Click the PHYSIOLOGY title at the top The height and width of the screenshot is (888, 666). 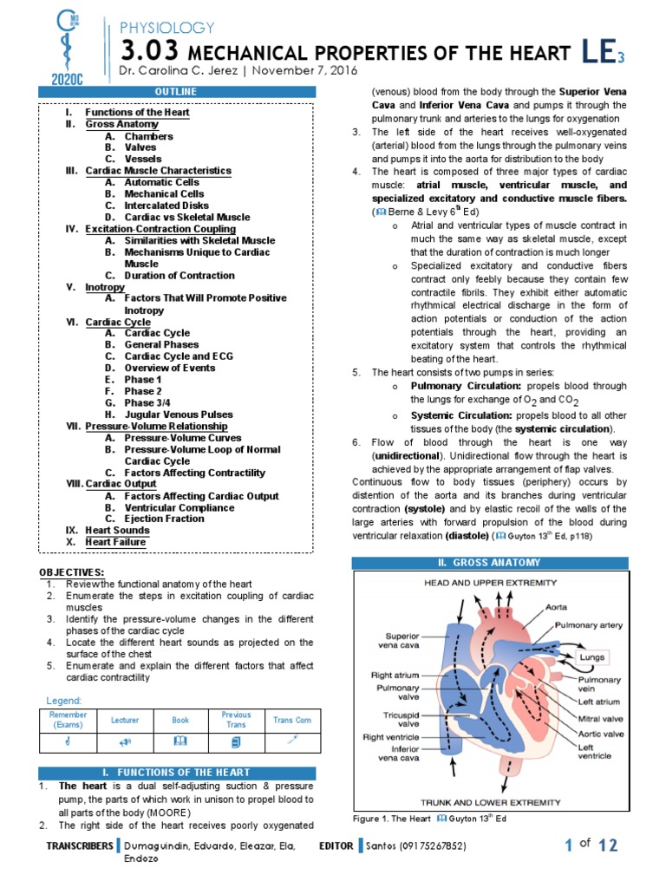click(x=166, y=29)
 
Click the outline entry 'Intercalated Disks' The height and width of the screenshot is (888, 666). click(x=166, y=206)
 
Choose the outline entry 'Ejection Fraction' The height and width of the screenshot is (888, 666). click(x=164, y=519)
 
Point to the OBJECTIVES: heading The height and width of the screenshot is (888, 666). click(x=72, y=572)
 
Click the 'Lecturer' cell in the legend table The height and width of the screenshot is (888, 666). click(x=124, y=720)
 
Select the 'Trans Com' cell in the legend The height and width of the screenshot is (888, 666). click(x=292, y=720)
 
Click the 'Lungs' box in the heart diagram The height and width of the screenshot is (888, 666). click(x=593, y=657)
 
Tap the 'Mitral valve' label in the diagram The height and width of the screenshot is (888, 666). click(x=601, y=719)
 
